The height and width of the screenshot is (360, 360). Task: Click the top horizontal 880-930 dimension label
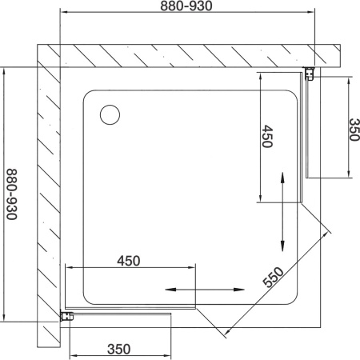pos(186,6)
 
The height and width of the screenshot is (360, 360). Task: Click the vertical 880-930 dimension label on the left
pos(12,194)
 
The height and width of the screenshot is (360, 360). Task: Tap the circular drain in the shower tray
pos(110,114)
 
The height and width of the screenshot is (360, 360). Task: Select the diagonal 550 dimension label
pos(273,277)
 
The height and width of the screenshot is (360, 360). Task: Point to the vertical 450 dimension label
pos(267,136)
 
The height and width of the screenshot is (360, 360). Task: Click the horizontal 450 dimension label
pos(129,261)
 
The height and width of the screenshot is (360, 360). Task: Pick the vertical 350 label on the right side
pos(354,130)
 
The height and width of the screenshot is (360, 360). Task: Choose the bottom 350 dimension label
pos(119,349)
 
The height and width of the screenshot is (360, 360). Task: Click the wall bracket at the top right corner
pos(310,74)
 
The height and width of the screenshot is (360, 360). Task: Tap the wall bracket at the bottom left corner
pos(67,316)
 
